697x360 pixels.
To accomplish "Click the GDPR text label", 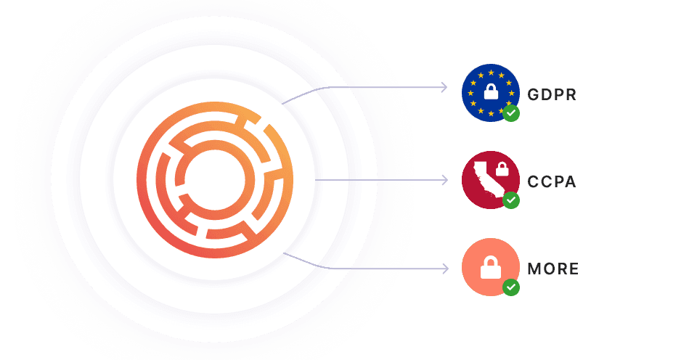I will coord(552,94).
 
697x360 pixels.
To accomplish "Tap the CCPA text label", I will coord(552,181).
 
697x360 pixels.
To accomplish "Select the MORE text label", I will coord(553,269).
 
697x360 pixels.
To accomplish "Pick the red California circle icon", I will coord(489,179).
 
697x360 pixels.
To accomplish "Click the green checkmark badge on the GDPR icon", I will coord(511,113).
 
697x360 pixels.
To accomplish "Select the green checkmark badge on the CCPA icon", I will coord(511,200).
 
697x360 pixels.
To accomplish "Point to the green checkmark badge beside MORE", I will coord(511,287).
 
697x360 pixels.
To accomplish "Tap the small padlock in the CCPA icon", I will coord(501,171).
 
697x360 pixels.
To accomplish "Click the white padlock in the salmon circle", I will coord(491,268).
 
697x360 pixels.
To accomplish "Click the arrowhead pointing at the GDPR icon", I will coord(444,88).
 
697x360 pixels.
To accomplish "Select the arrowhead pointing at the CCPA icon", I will coord(444,179).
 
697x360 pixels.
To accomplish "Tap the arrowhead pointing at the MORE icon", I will coord(444,269).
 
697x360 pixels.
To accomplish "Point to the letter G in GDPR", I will coord(533,94).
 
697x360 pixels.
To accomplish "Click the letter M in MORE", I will coord(534,269).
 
